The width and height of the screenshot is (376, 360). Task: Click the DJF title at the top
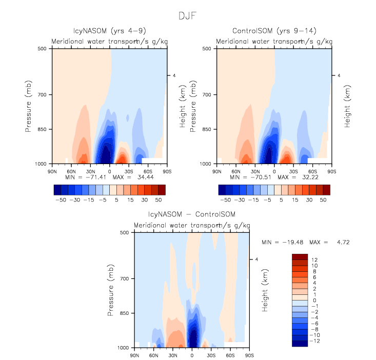[x=188, y=16]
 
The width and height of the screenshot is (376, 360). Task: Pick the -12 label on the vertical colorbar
[x=315, y=341]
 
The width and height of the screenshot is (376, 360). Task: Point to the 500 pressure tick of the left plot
[x=43, y=49]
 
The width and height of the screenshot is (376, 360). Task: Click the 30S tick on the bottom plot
[x=211, y=354]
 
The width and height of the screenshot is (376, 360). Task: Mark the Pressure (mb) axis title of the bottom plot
[x=111, y=290]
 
